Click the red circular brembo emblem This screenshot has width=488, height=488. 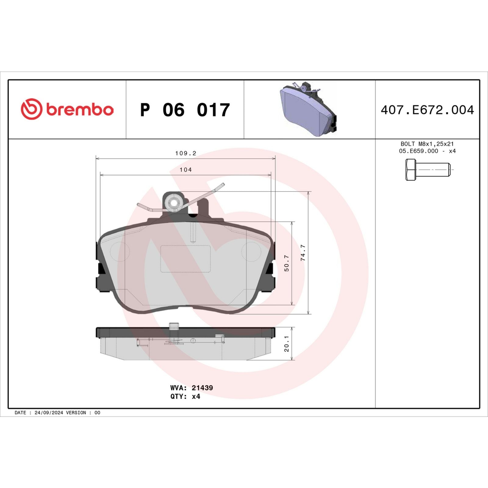31,109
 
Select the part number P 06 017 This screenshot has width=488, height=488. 185,110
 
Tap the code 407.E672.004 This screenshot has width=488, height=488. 427,110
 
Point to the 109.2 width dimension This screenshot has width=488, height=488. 185,153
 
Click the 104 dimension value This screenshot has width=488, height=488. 185,170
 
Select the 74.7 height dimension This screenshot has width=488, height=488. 303,253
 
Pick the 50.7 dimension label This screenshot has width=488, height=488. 286,263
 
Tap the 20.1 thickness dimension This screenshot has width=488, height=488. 286,344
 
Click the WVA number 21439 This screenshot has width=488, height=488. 202,388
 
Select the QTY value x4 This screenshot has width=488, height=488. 196,396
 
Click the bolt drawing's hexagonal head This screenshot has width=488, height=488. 410,170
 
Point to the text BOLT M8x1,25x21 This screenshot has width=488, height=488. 427,144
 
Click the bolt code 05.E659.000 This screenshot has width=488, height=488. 418,151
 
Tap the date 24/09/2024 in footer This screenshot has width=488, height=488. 49,413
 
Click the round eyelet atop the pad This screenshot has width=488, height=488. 174,202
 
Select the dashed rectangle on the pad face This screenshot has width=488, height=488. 185,259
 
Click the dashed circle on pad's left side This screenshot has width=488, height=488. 120,252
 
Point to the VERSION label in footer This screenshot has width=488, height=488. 76,413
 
